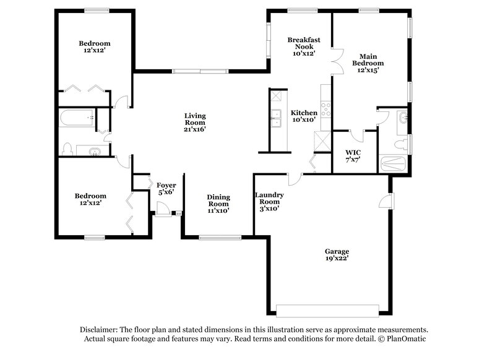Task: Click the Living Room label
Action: pos(195,122)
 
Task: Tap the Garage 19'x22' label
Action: pos(337,255)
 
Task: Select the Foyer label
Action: pos(166,188)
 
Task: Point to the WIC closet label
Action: pos(353,156)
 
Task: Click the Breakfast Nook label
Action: pos(304,46)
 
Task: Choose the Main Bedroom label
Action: pos(368,63)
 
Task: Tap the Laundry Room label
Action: pos(267,201)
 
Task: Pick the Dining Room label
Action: pos(218,204)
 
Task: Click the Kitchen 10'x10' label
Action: pos(304,116)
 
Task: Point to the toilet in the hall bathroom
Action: pos(68,148)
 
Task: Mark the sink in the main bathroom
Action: pos(403,118)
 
